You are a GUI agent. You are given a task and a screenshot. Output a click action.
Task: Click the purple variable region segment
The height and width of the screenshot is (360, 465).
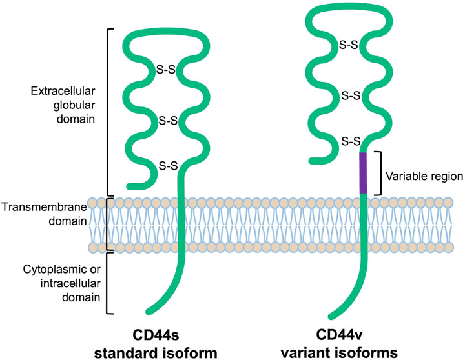coord(364,172)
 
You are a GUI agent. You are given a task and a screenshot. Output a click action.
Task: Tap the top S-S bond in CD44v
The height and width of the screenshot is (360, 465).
coord(351,46)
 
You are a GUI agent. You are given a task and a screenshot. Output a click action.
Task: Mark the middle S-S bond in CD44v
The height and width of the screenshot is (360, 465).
coord(351,95)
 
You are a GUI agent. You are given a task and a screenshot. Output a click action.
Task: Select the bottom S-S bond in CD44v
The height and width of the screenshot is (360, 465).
coord(351,141)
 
